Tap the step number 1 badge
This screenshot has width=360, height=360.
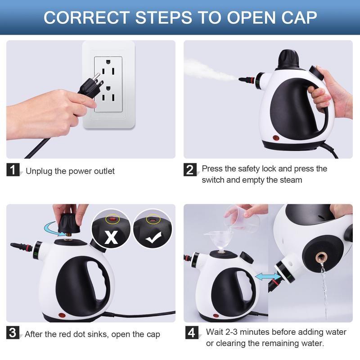(x=13, y=170)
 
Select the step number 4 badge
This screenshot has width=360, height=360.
(x=192, y=333)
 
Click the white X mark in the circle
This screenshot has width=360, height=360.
(x=111, y=237)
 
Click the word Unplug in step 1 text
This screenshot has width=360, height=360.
(x=38, y=171)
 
